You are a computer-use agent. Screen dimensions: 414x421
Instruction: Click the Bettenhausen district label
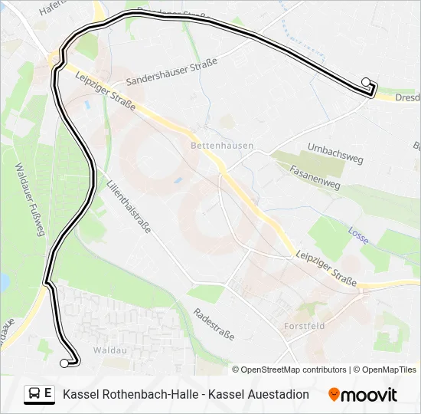222,145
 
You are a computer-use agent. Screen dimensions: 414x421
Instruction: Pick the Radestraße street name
214,324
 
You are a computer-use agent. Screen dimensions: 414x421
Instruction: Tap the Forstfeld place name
305,326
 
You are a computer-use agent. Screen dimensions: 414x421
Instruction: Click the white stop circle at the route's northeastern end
366,82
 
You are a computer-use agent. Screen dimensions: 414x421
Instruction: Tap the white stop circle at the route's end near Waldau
64,363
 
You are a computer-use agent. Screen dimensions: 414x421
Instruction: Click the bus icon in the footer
34,394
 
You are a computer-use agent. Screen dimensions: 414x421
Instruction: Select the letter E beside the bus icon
48,393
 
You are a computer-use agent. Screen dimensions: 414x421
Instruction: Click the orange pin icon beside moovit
334,394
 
